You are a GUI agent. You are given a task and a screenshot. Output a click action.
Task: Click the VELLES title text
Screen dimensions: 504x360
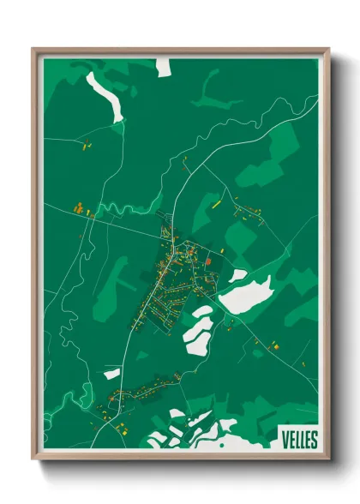tap(298, 440)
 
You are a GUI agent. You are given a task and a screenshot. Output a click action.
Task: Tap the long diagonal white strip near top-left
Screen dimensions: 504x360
tap(104, 93)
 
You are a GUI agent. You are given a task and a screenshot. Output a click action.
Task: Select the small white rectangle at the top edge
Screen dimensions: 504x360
tap(164, 67)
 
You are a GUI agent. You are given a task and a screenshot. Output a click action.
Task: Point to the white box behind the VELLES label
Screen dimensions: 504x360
tap(298, 439)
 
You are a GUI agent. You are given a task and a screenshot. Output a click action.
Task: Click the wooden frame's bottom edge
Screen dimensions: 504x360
tap(180, 460)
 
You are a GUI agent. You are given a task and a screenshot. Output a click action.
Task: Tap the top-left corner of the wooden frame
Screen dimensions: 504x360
tap(34, 50)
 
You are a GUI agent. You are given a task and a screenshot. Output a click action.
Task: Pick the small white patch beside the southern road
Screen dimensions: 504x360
tap(112, 373)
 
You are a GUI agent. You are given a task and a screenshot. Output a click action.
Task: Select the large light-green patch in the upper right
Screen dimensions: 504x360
tap(266, 159)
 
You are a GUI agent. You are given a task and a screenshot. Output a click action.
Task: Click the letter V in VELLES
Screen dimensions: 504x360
tap(284, 440)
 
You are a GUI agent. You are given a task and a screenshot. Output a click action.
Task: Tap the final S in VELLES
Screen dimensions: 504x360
tap(314, 440)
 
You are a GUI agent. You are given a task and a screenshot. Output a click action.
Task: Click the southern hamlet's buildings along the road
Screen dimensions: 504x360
tap(137, 390)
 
